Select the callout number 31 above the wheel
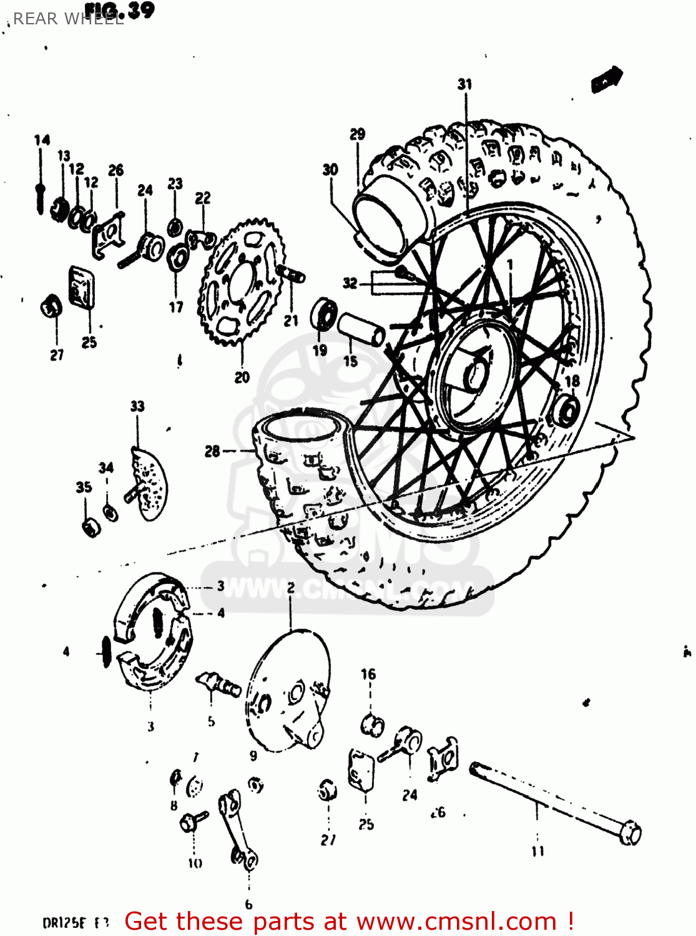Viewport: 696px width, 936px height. pyautogui.click(x=465, y=84)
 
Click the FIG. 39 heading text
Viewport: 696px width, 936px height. pyautogui.click(x=120, y=10)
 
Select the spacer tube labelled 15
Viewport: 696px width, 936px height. pyautogui.click(x=361, y=329)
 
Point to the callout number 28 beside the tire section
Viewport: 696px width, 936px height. pyautogui.click(x=212, y=451)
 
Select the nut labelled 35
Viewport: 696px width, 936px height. pyautogui.click(x=91, y=527)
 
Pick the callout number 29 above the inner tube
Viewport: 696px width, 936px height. pyautogui.click(x=357, y=134)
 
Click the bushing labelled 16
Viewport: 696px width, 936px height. pyautogui.click(x=372, y=724)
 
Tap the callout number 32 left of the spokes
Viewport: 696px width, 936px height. pyautogui.click(x=350, y=283)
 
